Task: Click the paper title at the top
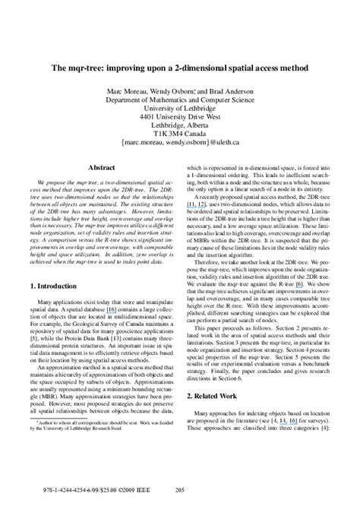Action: [180, 66]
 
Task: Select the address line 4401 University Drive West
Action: [180, 120]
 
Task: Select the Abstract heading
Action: [102, 166]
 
